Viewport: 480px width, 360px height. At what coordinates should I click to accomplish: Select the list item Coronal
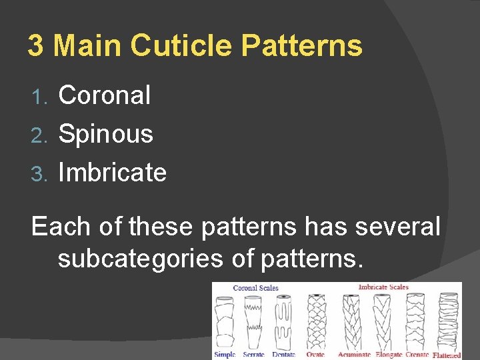tap(105, 95)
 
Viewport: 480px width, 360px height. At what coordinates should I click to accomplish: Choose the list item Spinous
tap(106, 134)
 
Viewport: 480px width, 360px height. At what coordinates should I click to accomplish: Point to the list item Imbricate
tap(112, 173)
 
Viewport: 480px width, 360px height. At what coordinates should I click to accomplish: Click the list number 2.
tap(39, 135)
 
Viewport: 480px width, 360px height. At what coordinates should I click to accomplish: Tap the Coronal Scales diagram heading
tap(255, 288)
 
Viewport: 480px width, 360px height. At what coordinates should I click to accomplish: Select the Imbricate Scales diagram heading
tap(383, 287)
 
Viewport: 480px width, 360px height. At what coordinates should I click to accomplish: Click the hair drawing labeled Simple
tap(225, 320)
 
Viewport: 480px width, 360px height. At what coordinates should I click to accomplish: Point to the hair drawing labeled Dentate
tap(285, 320)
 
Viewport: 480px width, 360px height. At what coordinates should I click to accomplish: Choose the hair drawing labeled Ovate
tap(316, 320)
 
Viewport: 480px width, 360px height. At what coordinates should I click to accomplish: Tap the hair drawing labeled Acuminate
tap(351, 320)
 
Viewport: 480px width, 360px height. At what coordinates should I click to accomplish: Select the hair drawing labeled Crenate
tap(416, 320)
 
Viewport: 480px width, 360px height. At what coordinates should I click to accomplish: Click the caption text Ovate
tap(316, 355)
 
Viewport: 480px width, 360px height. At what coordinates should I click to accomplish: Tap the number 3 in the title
tap(35, 45)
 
